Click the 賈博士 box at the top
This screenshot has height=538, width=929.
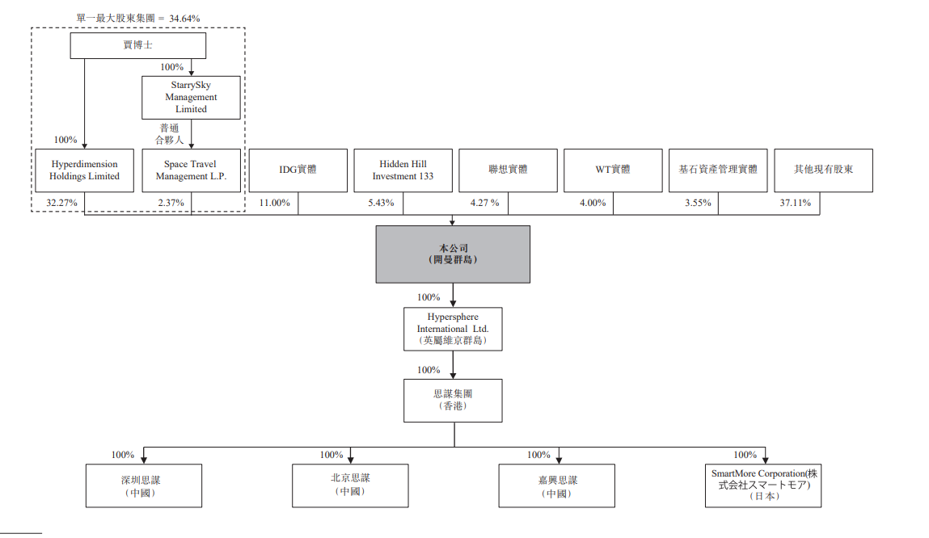(137, 45)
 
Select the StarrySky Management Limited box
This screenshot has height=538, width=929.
(191, 97)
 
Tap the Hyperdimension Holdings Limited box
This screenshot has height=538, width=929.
(84, 170)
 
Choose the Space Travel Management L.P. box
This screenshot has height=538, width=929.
(191, 170)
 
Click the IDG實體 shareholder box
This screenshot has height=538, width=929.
(298, 170)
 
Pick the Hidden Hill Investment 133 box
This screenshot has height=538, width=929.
(403, 170)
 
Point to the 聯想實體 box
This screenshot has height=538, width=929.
(508, 170)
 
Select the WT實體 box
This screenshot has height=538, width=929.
(613, 170)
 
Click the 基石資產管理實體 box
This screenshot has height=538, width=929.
(718, 170)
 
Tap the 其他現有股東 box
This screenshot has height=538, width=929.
(823, 170)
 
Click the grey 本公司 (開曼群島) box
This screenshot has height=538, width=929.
(453, 254)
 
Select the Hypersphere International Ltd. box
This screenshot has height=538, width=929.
(453, 329)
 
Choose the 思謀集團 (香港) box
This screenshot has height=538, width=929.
(453, 401)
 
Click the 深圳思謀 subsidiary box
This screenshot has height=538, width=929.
(144, 485)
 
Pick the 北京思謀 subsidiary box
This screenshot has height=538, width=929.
(350, 485)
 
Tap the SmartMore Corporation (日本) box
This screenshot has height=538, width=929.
(762, 485)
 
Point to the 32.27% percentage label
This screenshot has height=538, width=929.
(62, 203)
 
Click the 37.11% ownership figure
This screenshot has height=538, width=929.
(795, 203)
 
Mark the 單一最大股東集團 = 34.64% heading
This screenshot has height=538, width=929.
(138, 17)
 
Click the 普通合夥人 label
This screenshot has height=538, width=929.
(169, 134)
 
